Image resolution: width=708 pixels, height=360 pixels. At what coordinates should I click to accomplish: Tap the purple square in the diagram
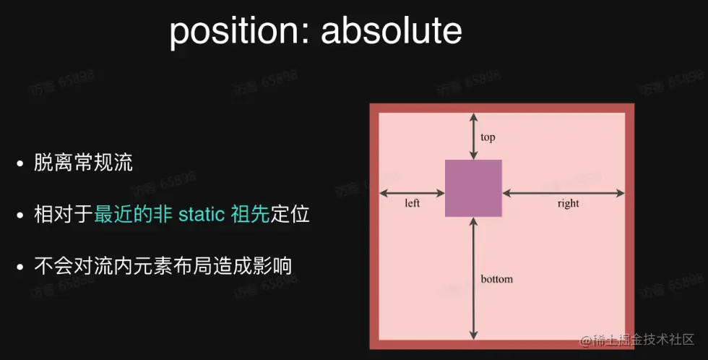pos(473,188)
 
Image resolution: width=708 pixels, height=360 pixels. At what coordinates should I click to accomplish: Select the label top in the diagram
pos(488,137)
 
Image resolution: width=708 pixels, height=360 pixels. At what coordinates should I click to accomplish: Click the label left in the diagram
pos(412,203)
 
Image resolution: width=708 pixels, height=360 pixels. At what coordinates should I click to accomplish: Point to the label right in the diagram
pos(568,203)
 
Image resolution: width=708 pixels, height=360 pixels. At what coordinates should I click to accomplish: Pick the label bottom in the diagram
pos(496,278)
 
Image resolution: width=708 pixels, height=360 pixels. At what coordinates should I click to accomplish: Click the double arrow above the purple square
pos(473,136)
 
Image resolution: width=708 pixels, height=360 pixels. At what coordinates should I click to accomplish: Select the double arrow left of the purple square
pos(412,193)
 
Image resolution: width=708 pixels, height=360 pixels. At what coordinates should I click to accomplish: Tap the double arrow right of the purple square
pos(564,193)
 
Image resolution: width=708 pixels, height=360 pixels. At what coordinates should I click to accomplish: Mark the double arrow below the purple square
pos(473,278)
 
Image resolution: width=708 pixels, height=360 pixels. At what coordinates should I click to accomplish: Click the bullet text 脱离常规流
pos(83,163)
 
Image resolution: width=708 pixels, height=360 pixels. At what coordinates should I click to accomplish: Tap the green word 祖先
pos(250,215)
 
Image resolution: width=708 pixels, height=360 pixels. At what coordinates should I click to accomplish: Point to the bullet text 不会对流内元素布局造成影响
pos(163,266)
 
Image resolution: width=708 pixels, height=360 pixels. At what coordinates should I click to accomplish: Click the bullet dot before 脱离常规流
pos(21,164)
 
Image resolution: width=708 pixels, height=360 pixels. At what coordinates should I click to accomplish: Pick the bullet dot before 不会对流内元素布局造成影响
pos(21,267)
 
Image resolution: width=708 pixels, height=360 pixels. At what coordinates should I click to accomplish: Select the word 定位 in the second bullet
pos(290,215)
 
